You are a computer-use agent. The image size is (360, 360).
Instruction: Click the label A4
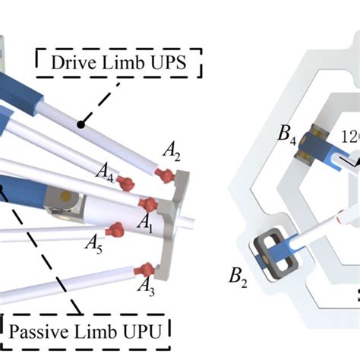106,179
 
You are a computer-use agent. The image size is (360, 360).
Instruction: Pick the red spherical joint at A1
150,204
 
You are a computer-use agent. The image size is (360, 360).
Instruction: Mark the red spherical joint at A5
116,229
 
